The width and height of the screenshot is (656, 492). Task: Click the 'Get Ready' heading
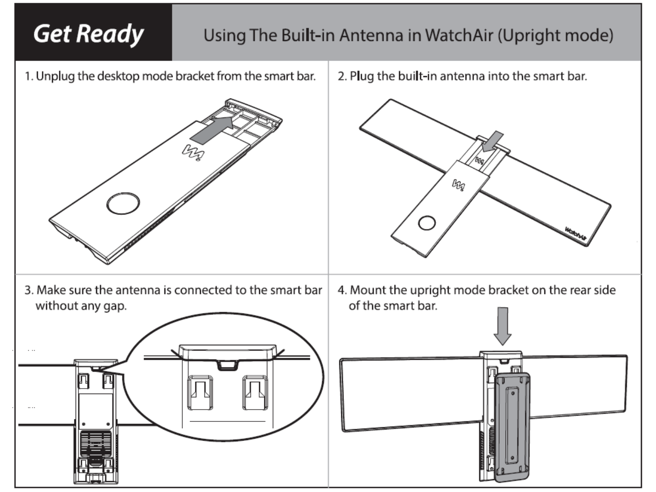[x=88, y=34]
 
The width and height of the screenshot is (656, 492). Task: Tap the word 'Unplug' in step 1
[x=55, y=76]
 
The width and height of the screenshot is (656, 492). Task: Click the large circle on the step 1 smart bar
[x=123, y=203]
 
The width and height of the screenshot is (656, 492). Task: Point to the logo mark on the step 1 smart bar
[x=193, y=152]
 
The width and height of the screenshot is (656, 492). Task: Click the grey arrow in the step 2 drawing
[x=493, y=141]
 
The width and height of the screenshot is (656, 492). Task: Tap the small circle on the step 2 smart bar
[x=427, y=223]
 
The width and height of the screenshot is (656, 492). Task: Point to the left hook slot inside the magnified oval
[x=200, y=392]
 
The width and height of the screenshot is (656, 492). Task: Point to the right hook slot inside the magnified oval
[x=255, y=392]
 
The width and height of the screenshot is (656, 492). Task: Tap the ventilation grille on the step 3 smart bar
[x=96, y=444]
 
